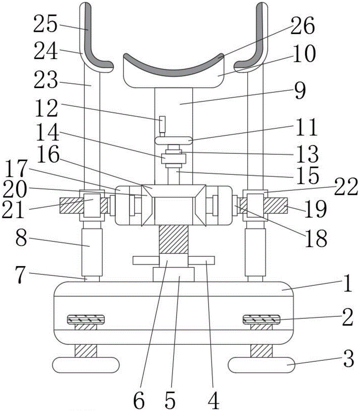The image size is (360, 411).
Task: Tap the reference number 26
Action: coord(302,25)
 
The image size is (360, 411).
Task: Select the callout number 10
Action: coord(304,54)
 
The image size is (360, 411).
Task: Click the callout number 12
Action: coord(46,109)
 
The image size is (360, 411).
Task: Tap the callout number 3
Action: coord(349,359)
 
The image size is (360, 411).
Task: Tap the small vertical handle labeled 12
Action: coord(163,124)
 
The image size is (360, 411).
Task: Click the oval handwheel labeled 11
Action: coord(174,141)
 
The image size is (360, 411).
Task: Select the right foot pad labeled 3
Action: coord(261,365)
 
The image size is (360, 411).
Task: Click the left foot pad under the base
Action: coord(86,365)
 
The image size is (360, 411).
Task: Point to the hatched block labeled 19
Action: coord(276,205)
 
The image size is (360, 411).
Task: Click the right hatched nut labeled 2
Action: coord(262,319)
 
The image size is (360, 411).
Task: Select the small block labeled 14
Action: coord(174,158)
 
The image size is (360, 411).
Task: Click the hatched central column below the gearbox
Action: coord(174,239)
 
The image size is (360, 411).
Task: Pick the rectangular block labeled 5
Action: coord(174,275)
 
